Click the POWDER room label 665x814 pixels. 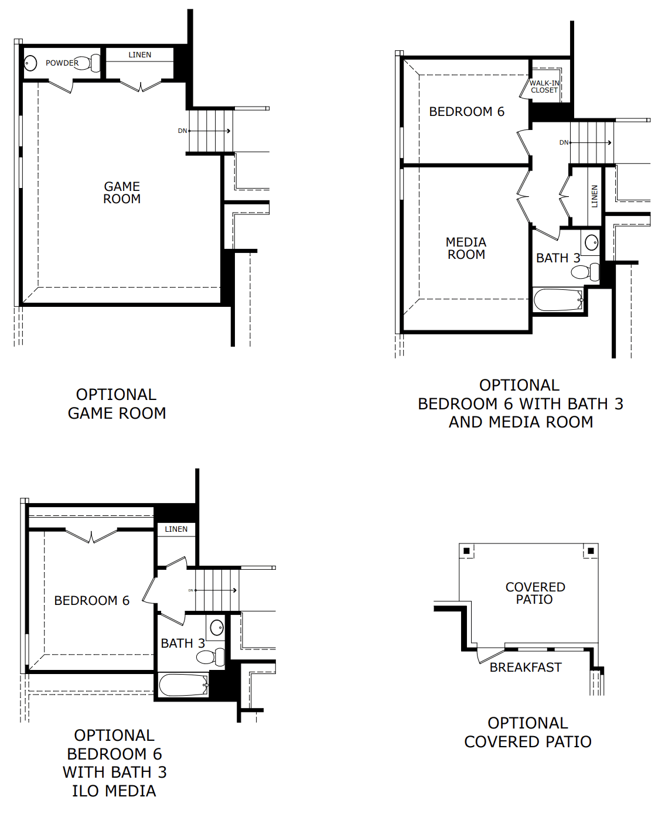click(x=62, y=63)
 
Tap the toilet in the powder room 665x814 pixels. click(x=84, y=63)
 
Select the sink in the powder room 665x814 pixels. click(x=30, y=63)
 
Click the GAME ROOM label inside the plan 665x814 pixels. click(x=122, y=193)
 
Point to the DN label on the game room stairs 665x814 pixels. click(x=182, y=131)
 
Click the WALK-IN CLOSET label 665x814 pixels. click(x=544, y=87)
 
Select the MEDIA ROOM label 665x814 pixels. click(x=466, y=248)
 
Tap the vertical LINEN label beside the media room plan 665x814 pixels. click(x=595, y=196)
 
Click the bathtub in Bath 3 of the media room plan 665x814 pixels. click(x=558, y=300)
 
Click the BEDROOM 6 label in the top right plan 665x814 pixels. click(x=466, y=112)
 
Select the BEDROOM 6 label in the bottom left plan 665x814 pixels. click(x=91, y=601)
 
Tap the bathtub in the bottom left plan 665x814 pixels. click(x=183, y=685)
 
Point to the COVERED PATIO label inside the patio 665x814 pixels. click(x=535, y=593)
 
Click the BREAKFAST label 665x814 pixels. click(x=526, y=668)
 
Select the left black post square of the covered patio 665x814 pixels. click(x=466, y=551)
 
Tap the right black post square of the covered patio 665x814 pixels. click(x=591, y=551)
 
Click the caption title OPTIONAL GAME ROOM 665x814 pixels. click(x=117, y=404)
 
